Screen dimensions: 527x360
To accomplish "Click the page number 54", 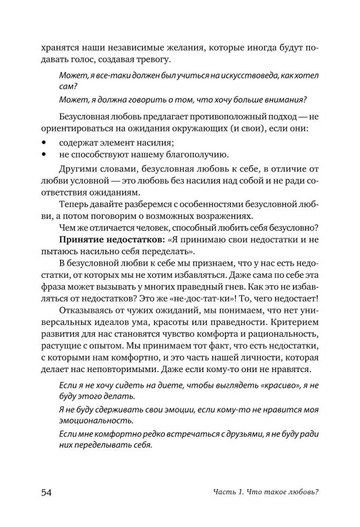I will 46,492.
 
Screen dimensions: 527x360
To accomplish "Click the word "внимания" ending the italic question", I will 284,100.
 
